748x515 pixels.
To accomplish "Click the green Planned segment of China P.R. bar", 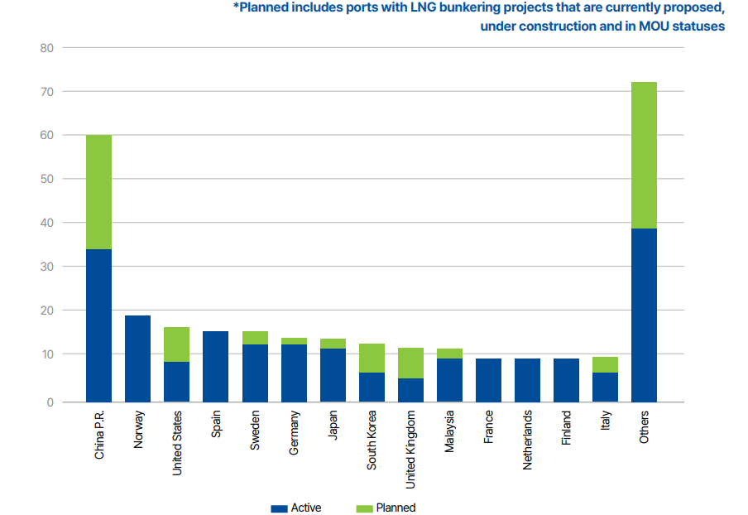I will point(98,191).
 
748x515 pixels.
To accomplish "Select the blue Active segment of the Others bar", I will point(644,315).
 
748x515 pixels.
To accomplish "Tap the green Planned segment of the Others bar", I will point(644,155).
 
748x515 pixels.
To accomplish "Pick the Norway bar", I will point(137,358).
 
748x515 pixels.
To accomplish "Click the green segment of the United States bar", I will point(176,344).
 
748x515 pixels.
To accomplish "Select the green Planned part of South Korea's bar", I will point(372,358).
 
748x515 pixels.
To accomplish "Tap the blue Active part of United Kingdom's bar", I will point(410,390).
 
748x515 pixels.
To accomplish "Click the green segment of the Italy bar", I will point(605,364).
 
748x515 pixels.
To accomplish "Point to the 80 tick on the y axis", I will point(46,48).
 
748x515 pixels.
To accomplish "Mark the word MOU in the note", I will point(654,26).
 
